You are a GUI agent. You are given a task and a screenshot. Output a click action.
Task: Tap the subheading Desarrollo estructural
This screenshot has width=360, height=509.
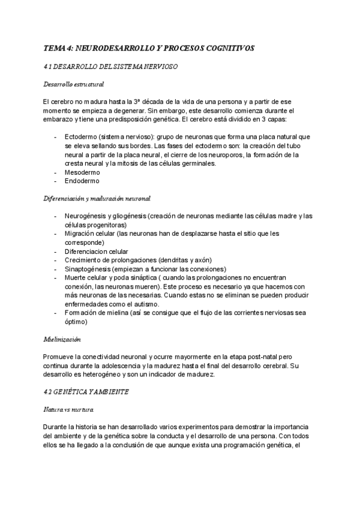pos(74,84)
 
